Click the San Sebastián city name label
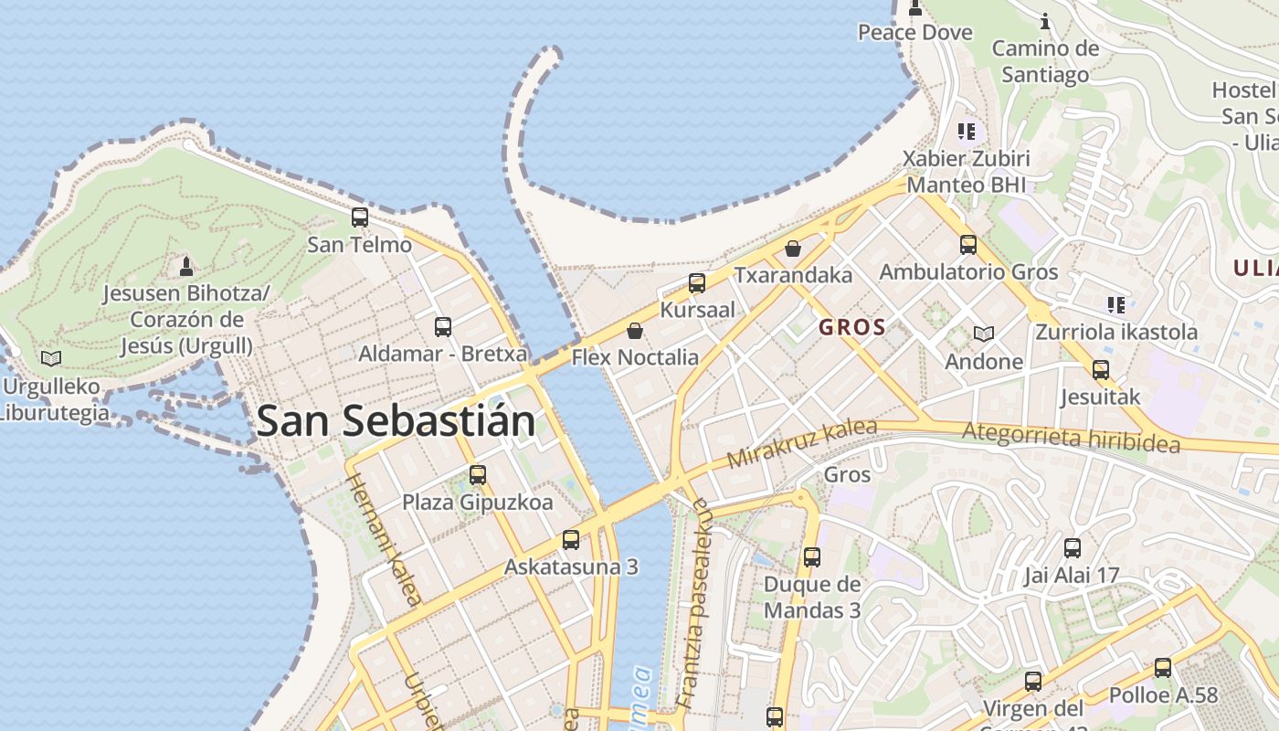pos(396,421)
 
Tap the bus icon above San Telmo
pos(360,217)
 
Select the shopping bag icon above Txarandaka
pos(793,248)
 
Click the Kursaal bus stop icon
pos(697,283)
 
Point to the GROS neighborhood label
pos(851,327)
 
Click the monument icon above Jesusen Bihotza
pos(186,266)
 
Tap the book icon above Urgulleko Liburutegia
pos(51,358)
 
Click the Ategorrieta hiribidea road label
pos(1072,436)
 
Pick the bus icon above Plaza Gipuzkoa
pos(477,475)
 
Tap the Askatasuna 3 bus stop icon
pos(571,540)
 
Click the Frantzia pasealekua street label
pos(692,604)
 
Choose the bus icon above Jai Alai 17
pos(1073,548)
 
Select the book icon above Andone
pos(983,334)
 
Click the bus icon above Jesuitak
pos(1101,370)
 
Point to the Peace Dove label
pos(914,32)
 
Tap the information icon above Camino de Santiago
pos(1046,20)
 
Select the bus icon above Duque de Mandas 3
pos(811,557)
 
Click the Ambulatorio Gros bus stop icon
pos(968,245)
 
